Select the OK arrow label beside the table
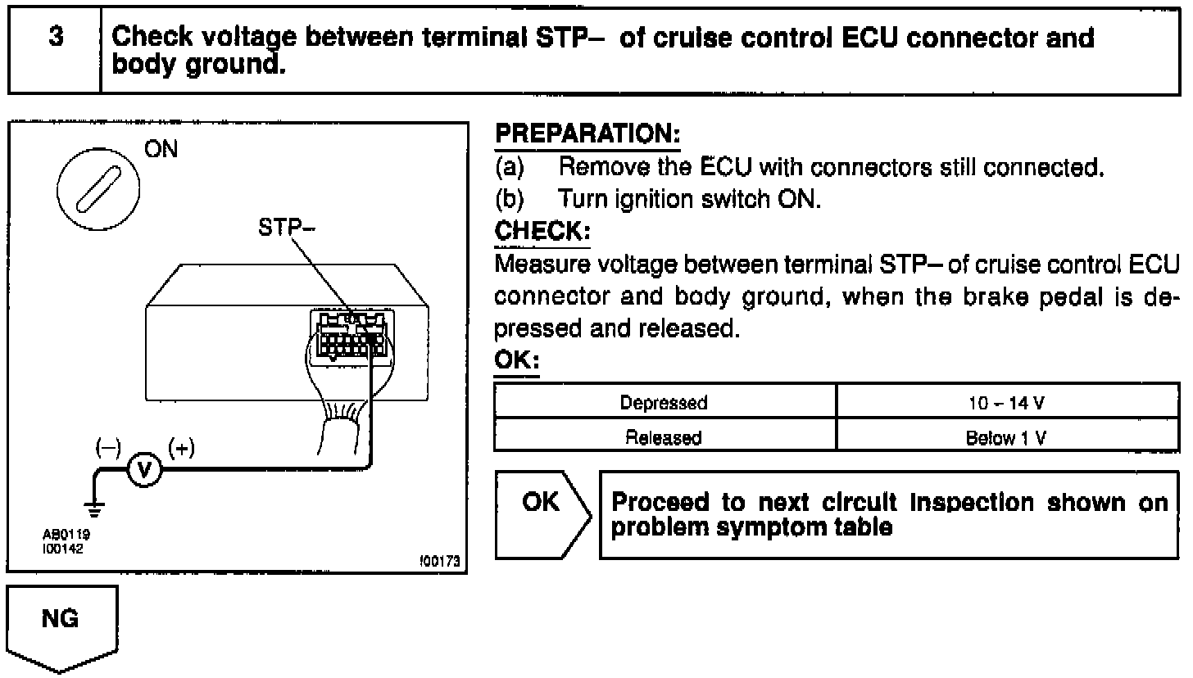[x=541, y=503]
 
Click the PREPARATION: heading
[x=587, y=133]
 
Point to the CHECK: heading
[x=542, y=231]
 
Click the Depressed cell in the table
[x=664, y=402]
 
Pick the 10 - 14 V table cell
[x=1006, y=402]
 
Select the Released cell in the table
[x=664, y=438]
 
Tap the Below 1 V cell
[x=1006, y=438]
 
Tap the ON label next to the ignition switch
[x=161, y=150]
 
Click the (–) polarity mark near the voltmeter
[x=108, y=448]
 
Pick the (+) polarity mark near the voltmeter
[x=181, y=448]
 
